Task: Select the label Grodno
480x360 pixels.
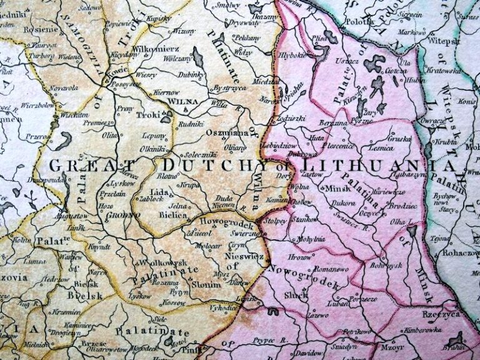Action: (x=126, y=213)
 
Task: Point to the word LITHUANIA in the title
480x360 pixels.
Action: (x=377, y=166)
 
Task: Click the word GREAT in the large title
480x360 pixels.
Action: (x=77, y=166)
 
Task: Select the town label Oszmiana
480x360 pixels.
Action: (x=222, y=132)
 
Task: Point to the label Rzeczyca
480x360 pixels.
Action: (x=441, y=315)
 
